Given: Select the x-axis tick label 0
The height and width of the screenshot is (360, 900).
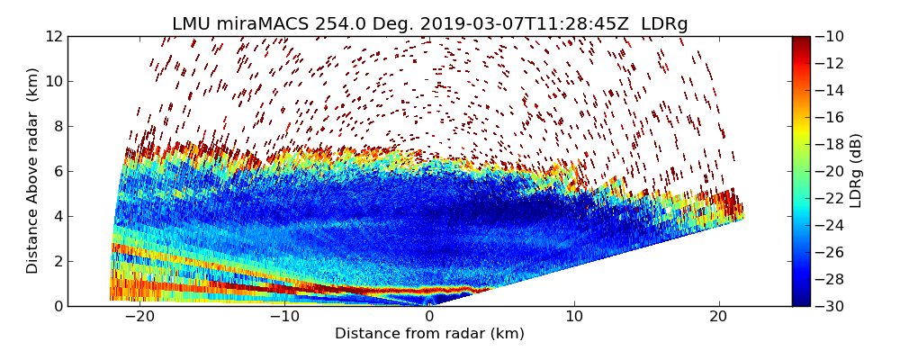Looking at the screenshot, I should point(429,317).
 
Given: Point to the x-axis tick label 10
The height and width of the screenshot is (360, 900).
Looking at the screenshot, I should point(574,317).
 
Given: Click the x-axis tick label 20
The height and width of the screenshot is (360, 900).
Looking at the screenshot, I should point(718,317).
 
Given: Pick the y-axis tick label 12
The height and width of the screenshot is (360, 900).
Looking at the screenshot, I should point(53,36).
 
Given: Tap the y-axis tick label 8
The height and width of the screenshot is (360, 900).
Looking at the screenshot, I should point(57,126).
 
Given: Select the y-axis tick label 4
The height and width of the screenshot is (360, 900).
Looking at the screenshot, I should point(57,216).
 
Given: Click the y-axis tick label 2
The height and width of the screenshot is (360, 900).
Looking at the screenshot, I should point(57,261).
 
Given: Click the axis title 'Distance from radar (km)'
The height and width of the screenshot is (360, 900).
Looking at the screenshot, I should point(429,334).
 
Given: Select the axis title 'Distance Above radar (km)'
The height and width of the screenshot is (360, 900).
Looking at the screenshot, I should point(33,171).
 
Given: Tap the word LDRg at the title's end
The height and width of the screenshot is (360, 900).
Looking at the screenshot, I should point(664,24).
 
